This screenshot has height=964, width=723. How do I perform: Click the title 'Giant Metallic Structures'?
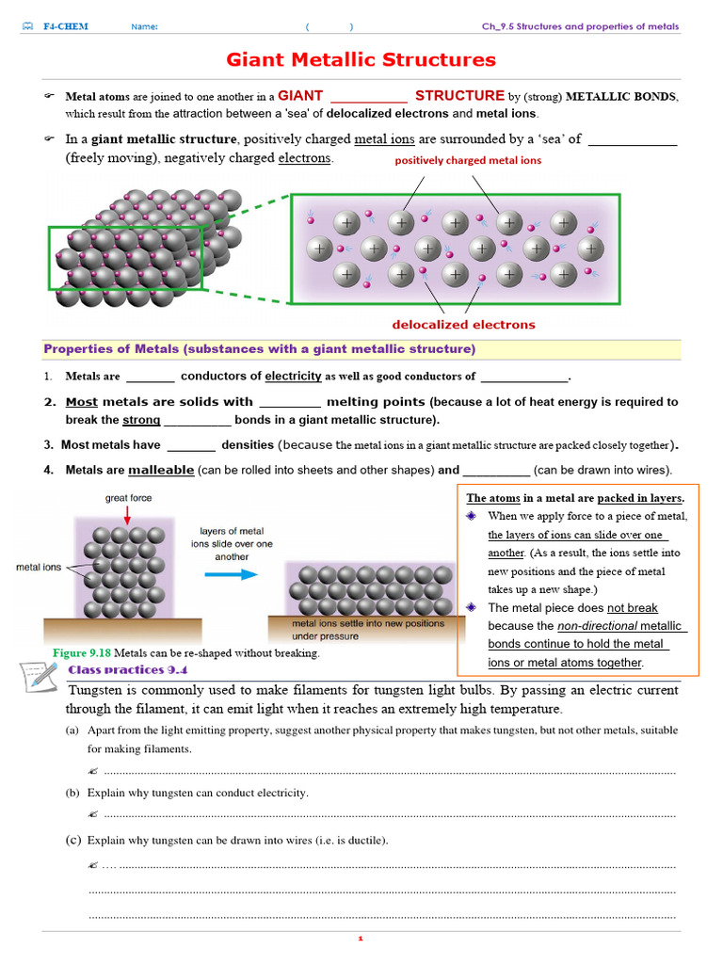[361, 60]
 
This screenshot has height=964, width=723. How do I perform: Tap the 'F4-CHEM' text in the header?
[65, 26]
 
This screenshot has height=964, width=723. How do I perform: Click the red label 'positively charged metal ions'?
[468, 160]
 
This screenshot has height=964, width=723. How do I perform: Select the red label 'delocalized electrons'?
[463, 325]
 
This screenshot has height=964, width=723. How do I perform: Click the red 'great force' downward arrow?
[129, 512]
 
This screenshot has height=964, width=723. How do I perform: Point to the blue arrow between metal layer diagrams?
[231, 574]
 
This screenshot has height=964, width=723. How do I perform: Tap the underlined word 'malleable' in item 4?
[161, 470]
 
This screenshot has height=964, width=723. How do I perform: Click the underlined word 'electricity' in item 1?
[293, 377]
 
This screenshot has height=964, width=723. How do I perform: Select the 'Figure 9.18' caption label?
[82, 652]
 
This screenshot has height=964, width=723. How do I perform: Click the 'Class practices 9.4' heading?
[128, 669]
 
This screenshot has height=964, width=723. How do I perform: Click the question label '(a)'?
[72, 731]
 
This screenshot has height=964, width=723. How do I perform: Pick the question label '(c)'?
[72, 840]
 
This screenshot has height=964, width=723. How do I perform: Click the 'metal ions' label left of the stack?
[39, 568]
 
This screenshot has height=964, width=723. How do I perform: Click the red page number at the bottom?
[360, 939]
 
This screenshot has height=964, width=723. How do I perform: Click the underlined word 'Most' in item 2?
[81, 402]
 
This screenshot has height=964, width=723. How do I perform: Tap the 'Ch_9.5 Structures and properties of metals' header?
[580, 26]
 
